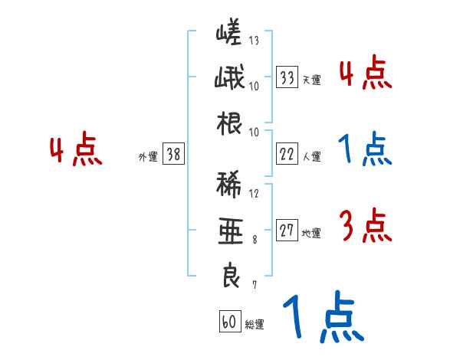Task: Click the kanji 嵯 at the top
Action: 228,34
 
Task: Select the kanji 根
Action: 228,123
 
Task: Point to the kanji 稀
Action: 228,186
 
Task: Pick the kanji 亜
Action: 228,231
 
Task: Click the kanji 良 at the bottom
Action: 228,277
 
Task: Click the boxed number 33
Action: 287,77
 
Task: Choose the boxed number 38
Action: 173,155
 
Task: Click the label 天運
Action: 311,79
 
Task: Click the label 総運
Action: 254,324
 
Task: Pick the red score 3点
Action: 365,225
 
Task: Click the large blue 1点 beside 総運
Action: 321,318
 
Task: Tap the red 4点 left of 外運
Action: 77,150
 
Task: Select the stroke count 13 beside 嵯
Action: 254,41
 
